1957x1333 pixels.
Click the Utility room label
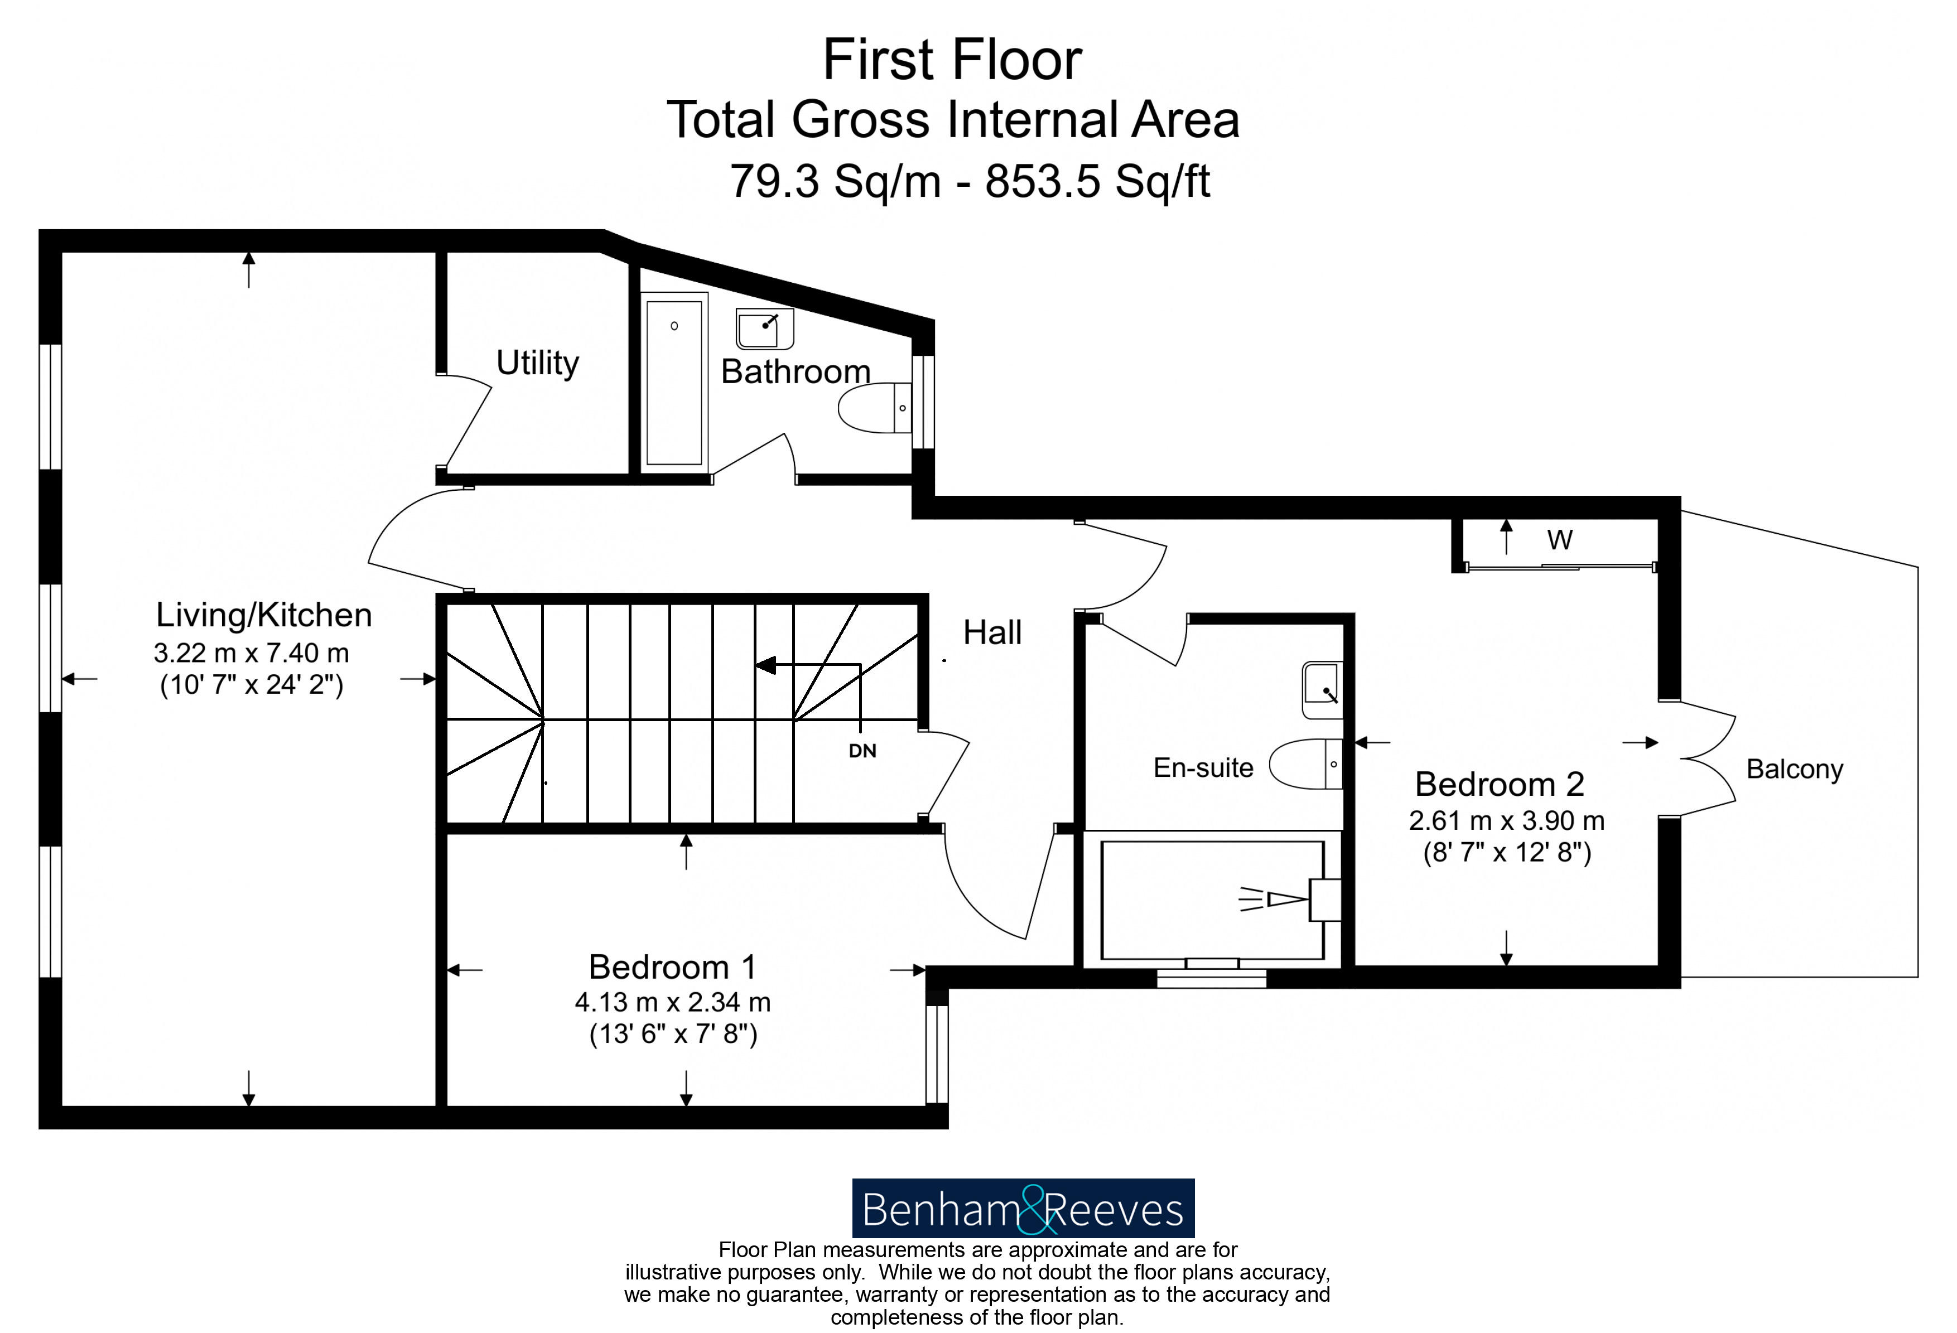pyautogui.click(x=537, y=364)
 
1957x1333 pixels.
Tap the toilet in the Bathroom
pyautogui.click(x=874, y=408)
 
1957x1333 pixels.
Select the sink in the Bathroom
pyautogui.click(x=765, y=329)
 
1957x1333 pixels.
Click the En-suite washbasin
pyautogui.click(x=1322, y=690)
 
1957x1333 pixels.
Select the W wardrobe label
pyautogui.click(x=1560, y=540)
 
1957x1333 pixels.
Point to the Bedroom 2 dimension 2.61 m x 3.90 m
pyautogui.click(x=1506, y=820)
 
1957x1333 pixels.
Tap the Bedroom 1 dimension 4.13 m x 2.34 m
pyautogui.click(x=673, y=1002)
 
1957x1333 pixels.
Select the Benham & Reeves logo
pyautogui.click(x=1023, y=1209)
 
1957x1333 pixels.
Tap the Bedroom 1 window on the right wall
pyautogui.click(x=937, y=1054)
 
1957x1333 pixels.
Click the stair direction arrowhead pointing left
pyautogui.click(x=765, y=665)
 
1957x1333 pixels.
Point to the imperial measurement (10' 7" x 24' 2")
pyautogui.click(x=252, y=684)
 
